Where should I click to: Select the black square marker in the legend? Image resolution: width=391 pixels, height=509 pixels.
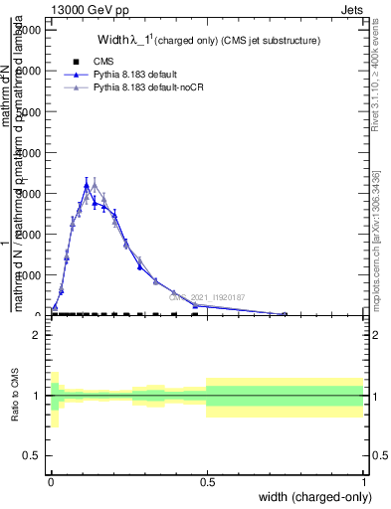(x=76, y=62)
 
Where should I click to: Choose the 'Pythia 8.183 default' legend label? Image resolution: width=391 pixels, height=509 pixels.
(x=139, y=75)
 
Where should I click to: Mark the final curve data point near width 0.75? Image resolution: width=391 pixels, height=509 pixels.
(x=286, y=314)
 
